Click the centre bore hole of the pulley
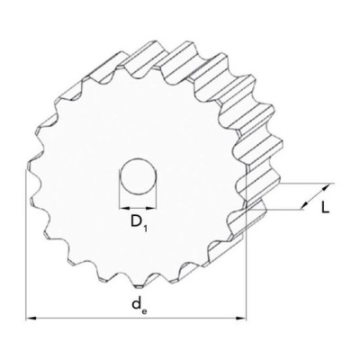[x=138, y=176]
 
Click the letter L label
[x=325, y=207]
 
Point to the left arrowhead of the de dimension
[x=31, y=318]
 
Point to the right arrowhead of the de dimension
[x=241, y=318]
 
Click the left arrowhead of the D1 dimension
[x=124, y=207]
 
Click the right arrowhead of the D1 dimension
[x=152, y=207]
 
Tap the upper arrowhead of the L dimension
[x=326, y=188]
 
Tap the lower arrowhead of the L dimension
[x=304, y=206]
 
